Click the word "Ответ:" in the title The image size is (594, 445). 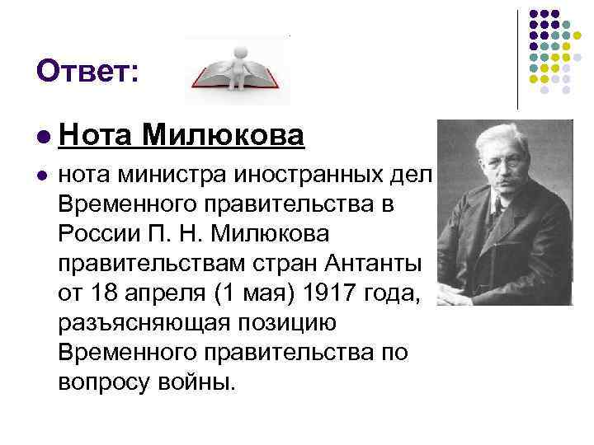[x=87, y=72]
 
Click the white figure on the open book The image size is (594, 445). [x=239, y=66]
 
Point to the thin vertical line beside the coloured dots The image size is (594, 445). [x=517, y=58]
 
